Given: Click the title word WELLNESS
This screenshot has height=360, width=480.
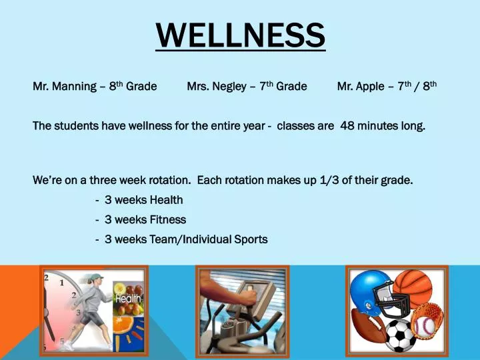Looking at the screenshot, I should click(241, 35).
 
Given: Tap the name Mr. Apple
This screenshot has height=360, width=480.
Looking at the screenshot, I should click(361, 86).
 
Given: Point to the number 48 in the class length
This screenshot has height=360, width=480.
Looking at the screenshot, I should click(347, 125).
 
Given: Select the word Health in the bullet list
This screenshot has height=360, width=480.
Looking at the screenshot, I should click(166, 200).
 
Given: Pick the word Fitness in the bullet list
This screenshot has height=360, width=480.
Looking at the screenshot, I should click(167, 219).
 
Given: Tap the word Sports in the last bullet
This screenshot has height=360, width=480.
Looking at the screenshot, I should click(251, 239).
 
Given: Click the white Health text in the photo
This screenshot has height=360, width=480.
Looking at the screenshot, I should click(128, 299).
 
